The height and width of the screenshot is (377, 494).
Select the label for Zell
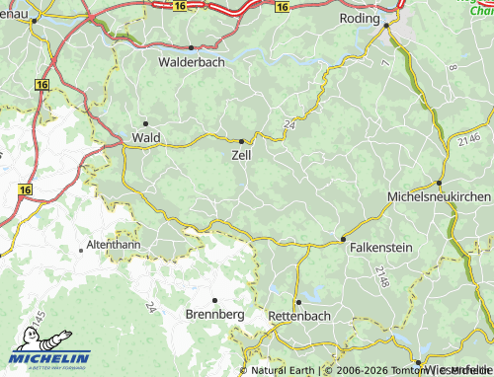coord(241,155)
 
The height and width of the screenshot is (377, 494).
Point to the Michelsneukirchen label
coord(440,197)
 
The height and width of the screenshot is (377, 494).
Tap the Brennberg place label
coord(214,314)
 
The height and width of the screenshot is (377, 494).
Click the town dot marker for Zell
coord(242,141)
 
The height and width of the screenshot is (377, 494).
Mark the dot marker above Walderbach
coord(191,47)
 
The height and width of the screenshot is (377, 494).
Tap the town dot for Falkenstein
coord(343,239)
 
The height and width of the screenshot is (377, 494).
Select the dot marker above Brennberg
coord(214,299)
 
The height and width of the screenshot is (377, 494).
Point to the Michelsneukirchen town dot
coord(439,183)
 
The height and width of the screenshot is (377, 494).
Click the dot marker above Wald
coord(145,123)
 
